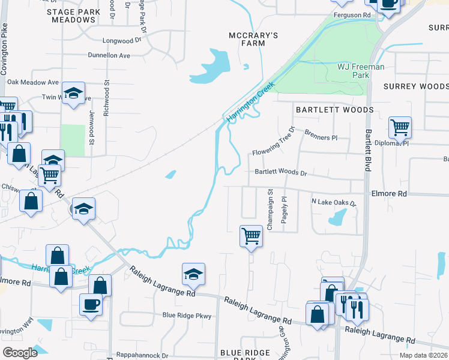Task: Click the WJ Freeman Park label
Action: click(361, 71)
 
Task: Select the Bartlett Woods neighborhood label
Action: click(334, 110)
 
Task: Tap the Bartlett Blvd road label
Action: click(368, 149)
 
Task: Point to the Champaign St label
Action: click(270, 210)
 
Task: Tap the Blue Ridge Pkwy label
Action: click(187, 315)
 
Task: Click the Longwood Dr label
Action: click(121, 41)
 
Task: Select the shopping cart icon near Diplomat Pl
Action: click(400, 127)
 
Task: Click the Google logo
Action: click(20, 353)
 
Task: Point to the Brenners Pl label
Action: click(321, 134)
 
